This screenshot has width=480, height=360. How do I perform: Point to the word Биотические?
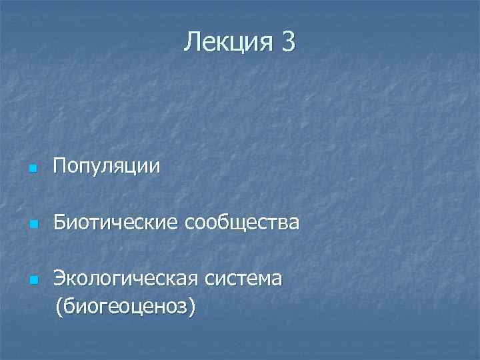(115, 222)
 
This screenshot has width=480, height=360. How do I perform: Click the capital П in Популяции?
(60, 165)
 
